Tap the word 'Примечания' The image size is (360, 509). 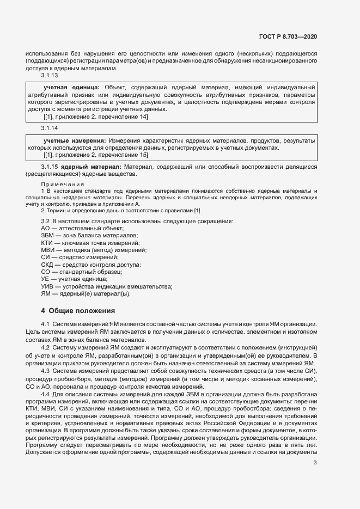tap(59, 185)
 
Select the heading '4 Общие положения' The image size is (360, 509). tap(78, 311)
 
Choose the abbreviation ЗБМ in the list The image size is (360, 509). tap(47, 235)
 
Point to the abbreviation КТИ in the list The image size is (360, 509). tap(47, 242)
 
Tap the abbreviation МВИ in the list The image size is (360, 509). tap(47, 249)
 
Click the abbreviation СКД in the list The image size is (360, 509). tap(47, 264)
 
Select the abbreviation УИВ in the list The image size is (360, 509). tap(47, 286)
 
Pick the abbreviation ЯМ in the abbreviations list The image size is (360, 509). tap(46, 293)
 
